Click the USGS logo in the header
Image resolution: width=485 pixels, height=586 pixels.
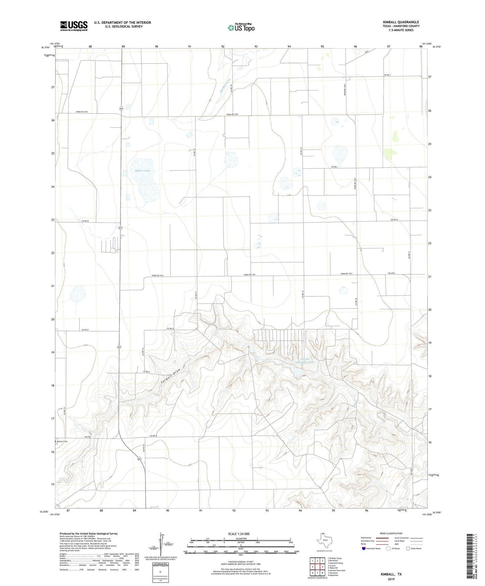(x=74, y=26)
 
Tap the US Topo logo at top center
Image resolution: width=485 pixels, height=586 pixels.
(x=241, y=28)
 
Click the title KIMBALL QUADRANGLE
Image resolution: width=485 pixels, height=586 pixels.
(x=401, y=22)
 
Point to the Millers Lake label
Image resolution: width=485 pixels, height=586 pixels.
(x=143, y=171)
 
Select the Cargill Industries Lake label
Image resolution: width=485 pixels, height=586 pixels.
(x=305, y=360)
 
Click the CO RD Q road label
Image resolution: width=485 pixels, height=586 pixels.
(x=153, y=436)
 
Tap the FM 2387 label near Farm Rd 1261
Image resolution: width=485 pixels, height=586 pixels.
(x=391, y=274)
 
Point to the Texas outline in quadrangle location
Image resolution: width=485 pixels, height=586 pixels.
(x=324, y=540)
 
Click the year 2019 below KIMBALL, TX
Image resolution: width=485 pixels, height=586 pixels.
(x=391, y=579)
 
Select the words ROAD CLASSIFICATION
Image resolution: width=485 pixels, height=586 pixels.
(x=391, y=533)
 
